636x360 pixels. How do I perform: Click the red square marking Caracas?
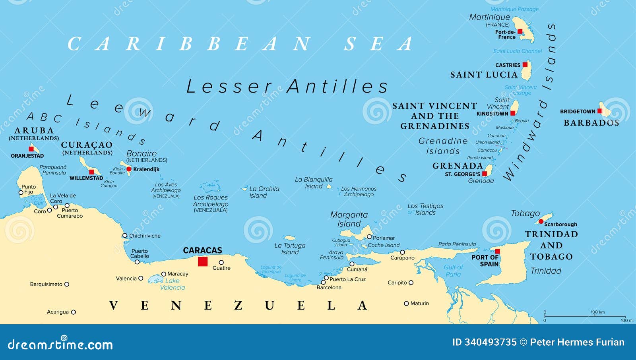click(203, 261)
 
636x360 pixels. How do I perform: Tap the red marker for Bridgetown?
click(599, 111)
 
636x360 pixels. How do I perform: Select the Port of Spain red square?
click(497, 251)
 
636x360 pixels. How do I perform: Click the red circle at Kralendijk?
click(129, 169)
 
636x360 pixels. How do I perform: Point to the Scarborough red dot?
click(541, 221)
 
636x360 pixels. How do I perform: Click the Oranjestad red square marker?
click(31, 149)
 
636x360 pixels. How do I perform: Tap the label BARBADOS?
click(591, 123)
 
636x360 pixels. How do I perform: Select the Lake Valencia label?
click(173, 284)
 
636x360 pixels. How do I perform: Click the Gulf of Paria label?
click(454, 271)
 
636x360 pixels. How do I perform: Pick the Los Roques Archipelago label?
click(211, 201)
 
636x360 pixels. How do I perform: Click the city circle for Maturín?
click(406, 303)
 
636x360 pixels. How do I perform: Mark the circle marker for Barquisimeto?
click(67, 284)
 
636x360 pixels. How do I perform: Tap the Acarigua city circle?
click(73, 312)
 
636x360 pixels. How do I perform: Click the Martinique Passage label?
click(514, 9)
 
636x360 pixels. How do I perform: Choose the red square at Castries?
click(525, 64)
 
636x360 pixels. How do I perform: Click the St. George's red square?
click(485, 174)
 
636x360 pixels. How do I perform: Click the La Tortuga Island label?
click(290, 249)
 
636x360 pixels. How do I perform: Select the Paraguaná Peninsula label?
click(53, 170)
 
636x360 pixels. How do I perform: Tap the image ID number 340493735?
click(484, 342)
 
